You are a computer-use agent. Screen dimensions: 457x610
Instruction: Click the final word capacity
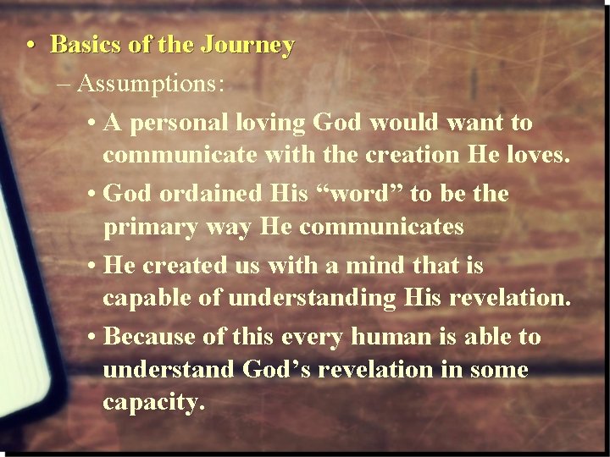tap(153, 405)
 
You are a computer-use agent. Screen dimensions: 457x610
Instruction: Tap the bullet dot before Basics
tap(30, 46)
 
